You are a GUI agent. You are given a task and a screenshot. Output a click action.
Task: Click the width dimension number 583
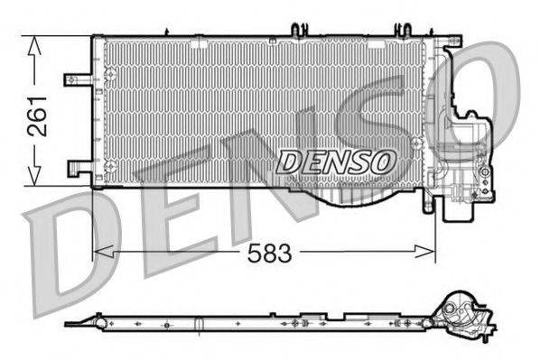270,254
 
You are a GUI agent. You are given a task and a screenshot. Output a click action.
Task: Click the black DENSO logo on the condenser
336,162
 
